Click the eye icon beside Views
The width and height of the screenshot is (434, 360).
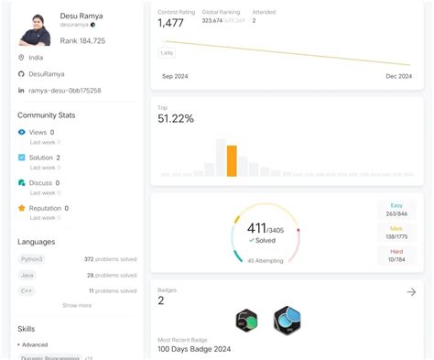pos(22,133)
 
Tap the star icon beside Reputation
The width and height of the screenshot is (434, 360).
pos(22,208)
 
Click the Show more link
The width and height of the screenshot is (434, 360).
pos(77,305)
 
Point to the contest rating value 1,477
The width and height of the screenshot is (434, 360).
pos(172,24)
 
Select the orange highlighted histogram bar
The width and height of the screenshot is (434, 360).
pos(232,160)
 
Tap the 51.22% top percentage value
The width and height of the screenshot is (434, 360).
pos(176,119)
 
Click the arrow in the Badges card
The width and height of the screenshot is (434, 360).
pos(411,292)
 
